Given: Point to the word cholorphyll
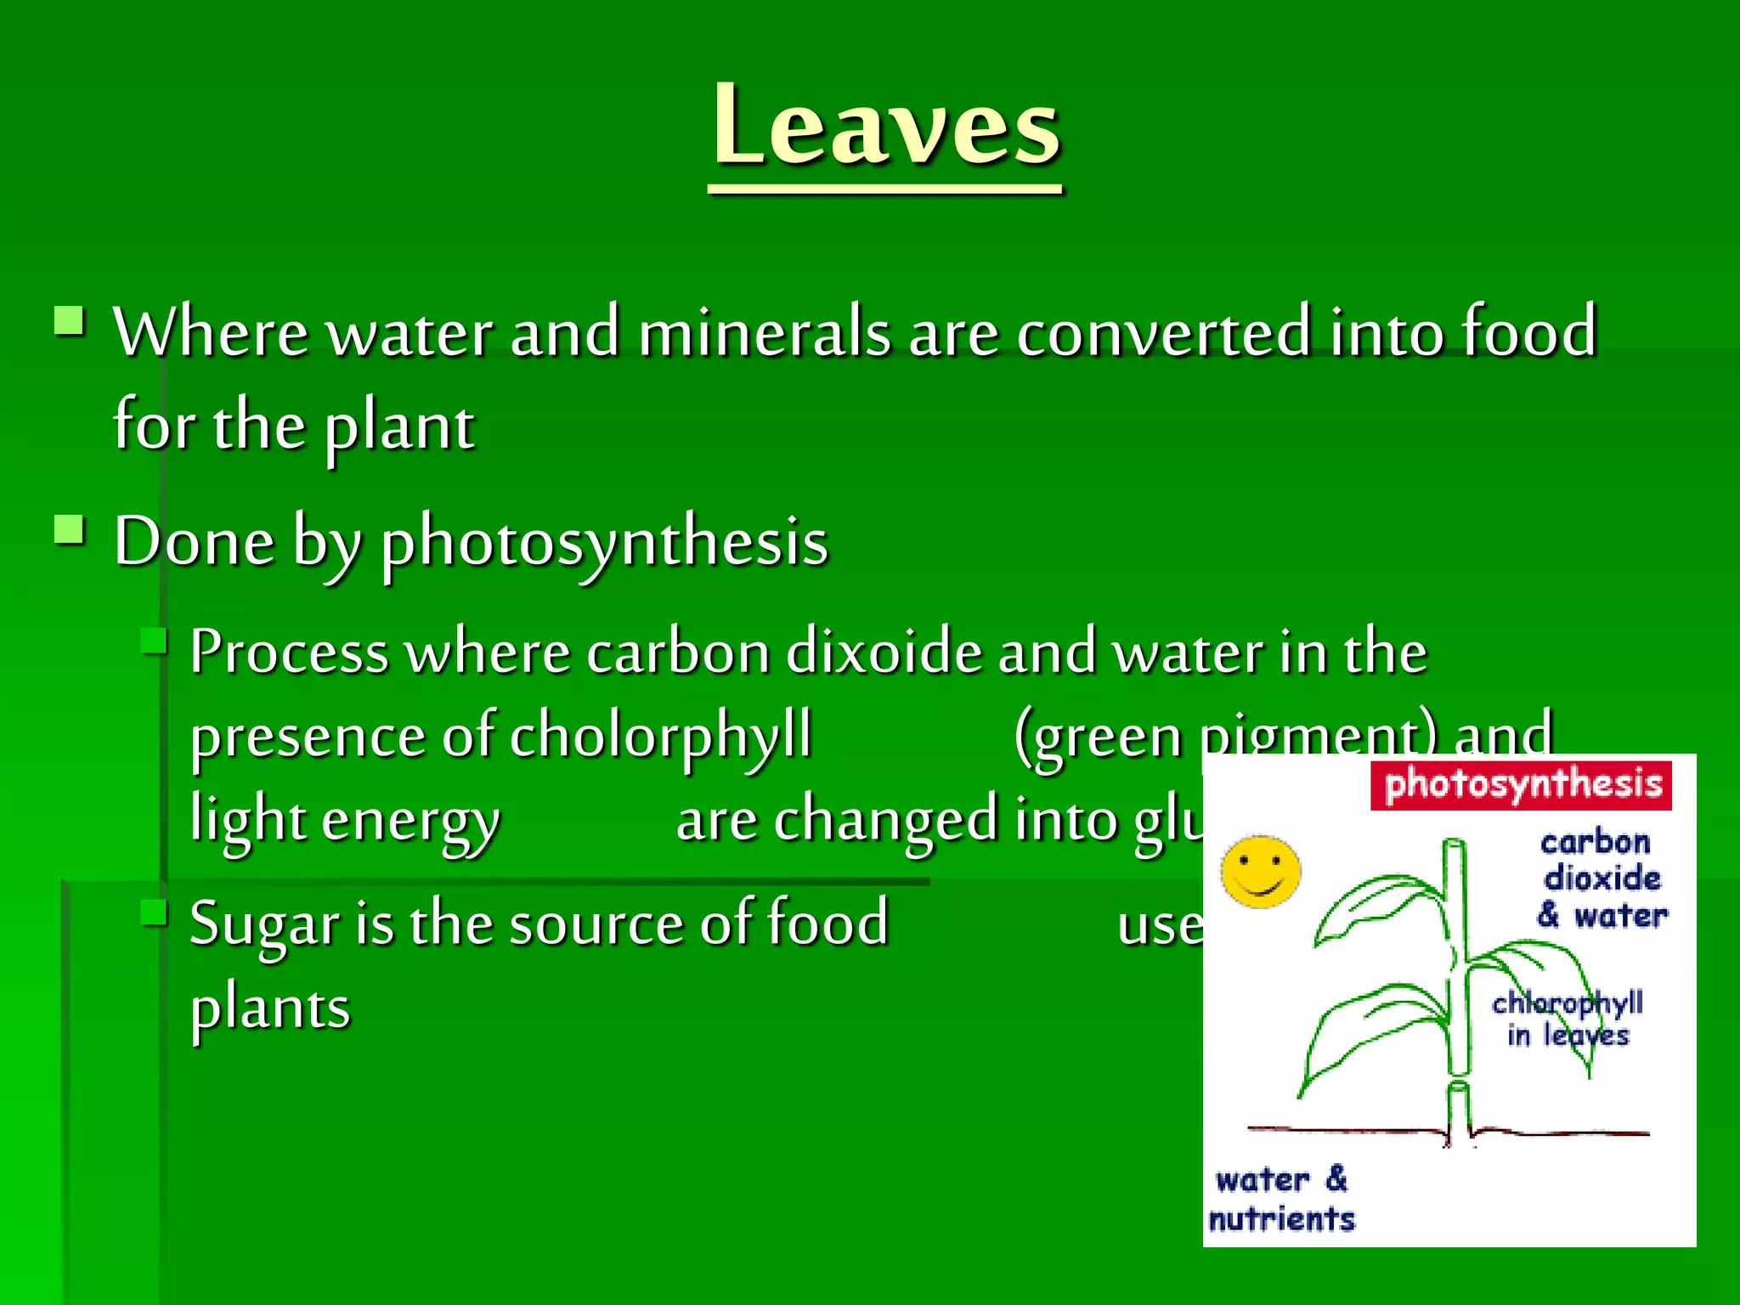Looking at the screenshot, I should (661, 736).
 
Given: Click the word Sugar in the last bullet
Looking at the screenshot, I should (264, 924).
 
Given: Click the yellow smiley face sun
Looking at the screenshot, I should (1261, 872).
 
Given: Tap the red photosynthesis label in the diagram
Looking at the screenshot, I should (1522, 784).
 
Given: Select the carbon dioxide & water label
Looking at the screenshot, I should (1601, 878).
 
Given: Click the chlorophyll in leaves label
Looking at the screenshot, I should (1567, 1018).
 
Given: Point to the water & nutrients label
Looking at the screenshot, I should (1281, 1199).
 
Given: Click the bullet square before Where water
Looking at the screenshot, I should (69, 322).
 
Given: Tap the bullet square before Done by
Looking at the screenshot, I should (69, 531).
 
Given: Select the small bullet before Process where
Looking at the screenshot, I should (154, 641).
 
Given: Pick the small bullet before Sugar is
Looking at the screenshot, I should (154, 913).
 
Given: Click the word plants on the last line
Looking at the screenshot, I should (270, 1008).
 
